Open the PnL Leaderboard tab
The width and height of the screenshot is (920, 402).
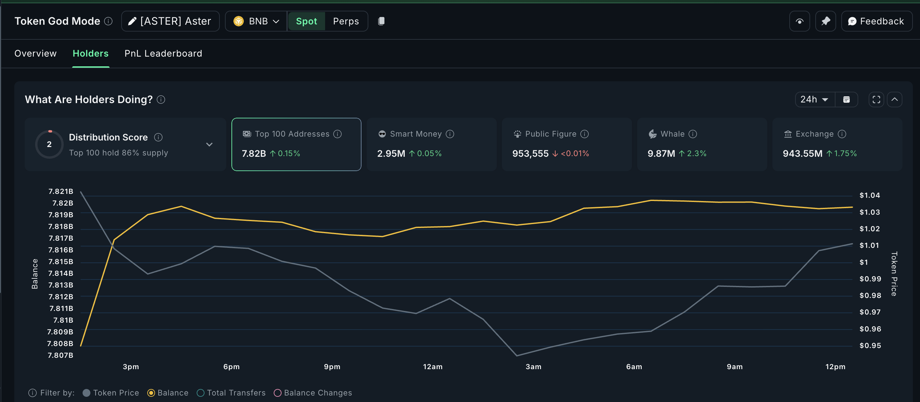pos(163,54)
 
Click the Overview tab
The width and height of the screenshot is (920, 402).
pos(35,54)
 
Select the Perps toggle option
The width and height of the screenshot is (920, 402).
pos(346,21)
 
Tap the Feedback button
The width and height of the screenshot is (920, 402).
pos(876,21)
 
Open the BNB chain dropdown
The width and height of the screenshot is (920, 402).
pos(256,21)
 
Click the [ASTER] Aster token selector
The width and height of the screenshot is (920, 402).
pos(170,21)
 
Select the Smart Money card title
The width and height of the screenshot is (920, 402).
pos(416,134)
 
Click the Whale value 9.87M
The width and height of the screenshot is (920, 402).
pos(661,154)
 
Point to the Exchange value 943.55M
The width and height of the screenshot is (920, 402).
pos(802,154)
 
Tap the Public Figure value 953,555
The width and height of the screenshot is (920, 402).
pos(530,154)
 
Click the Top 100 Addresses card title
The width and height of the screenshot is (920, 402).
pos(292,134)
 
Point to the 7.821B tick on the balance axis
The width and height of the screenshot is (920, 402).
pos(61,192)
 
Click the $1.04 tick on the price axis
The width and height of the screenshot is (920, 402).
pos(869,195)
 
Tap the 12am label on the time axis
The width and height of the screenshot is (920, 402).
pos(432,367)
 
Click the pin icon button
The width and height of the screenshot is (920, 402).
pos(825,21)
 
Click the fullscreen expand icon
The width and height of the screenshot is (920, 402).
pos(876,99)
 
